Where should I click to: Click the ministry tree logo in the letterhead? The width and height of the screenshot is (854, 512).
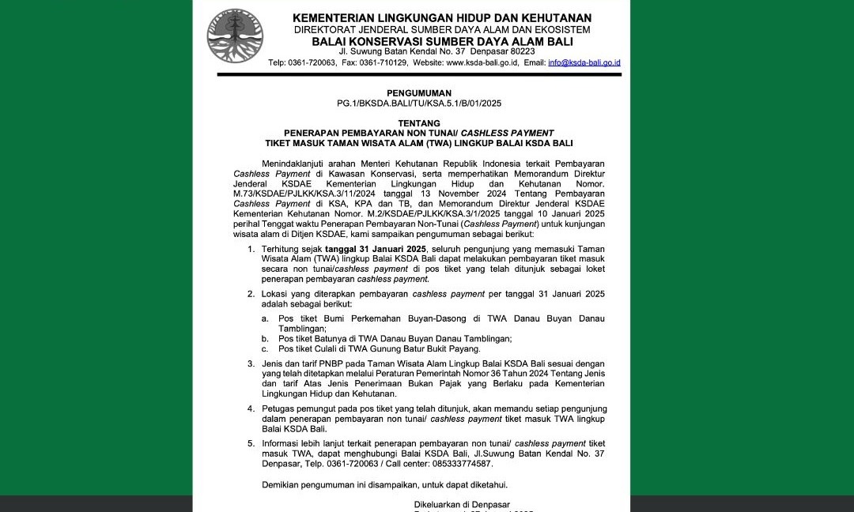235,36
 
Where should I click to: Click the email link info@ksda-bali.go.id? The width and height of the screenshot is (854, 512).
584,62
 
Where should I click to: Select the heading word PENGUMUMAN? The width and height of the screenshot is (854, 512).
419,93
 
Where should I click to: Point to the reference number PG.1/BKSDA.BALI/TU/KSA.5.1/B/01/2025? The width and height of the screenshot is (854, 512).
419,104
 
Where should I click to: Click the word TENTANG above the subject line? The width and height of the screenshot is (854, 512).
419,124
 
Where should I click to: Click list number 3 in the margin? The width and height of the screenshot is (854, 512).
251,363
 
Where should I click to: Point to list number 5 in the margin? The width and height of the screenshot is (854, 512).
251,443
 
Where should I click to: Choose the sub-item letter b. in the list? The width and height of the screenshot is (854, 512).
265,338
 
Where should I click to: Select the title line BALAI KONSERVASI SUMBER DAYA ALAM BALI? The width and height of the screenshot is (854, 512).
442,41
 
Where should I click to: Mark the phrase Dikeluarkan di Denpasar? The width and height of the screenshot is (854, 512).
462,504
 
